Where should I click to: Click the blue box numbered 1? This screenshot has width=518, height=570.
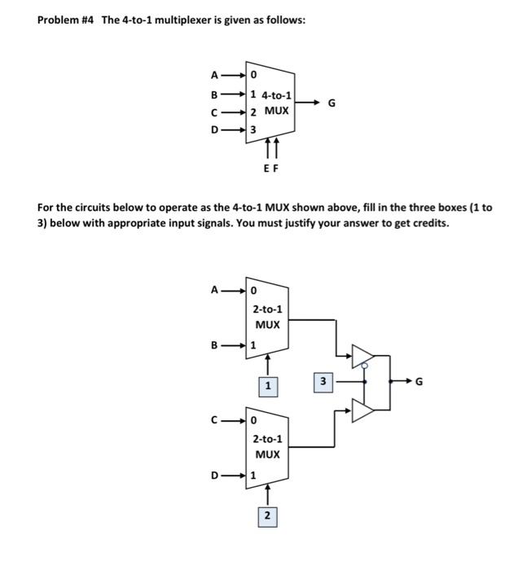click(x=267, y=384)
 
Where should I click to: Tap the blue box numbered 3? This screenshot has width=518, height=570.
click(x=323, y=379)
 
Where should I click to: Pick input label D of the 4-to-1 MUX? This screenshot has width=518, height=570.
click(x=215, y=129)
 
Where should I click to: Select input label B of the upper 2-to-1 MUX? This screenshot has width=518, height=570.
click(x=215, y=344)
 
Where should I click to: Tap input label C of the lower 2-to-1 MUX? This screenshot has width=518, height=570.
click(x=215, y=420)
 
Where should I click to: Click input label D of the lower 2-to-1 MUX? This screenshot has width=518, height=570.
click(x=215, y=475)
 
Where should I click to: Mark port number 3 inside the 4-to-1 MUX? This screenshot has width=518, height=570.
click(x=253, y=129)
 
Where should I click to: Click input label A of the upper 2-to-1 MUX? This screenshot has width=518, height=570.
click(x=215, y=288)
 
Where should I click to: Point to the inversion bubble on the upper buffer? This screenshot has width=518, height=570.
click(x=364, y=366)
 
